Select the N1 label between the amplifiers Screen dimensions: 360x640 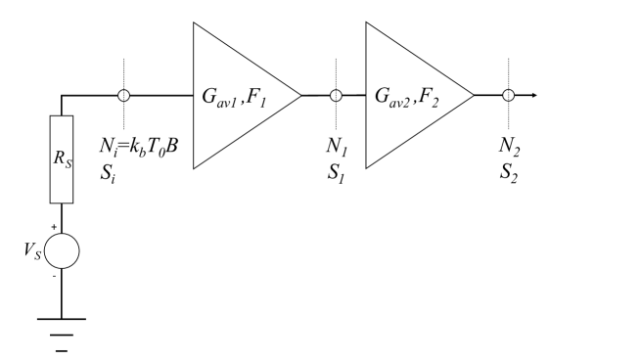pos(335,150)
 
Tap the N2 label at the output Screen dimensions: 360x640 pos(508,150)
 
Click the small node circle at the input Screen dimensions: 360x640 pos(123,96)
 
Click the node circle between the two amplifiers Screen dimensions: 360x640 pos(336,96)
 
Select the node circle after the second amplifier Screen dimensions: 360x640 pos(508,96)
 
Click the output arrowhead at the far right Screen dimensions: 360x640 pos(533,96)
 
